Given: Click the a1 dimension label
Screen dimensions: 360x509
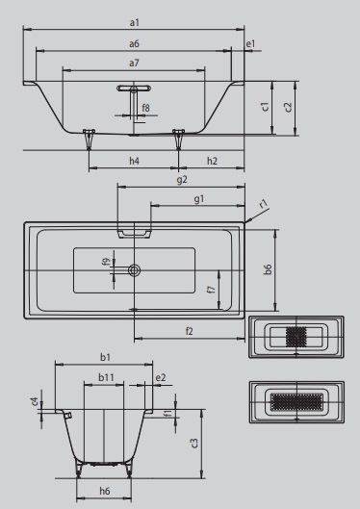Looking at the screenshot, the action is point(135,23).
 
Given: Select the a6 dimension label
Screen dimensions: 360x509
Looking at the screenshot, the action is point(134,43).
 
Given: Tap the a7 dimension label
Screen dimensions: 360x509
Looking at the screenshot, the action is point(134,63).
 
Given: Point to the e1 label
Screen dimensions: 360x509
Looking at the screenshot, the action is point(250,43).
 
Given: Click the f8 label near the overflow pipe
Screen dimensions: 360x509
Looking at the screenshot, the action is point(145,108).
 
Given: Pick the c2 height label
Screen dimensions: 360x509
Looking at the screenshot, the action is point(288,107).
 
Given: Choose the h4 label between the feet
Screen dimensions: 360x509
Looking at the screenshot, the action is point(135,161).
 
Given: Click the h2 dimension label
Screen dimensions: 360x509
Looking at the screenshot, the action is point(212,161).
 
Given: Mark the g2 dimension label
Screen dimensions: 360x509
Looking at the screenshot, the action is point(182,180).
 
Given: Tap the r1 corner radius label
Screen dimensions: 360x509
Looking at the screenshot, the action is point(264,204).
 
